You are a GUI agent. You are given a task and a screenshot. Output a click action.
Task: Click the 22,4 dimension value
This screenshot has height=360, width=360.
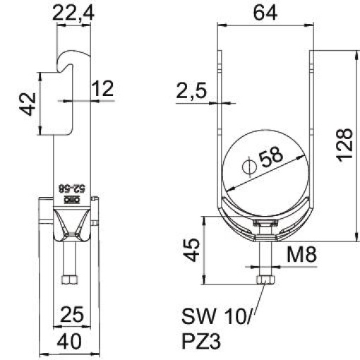73,12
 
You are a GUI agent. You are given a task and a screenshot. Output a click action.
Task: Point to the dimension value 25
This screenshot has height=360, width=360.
73,313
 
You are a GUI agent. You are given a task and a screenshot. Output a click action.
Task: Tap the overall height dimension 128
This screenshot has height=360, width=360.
344,145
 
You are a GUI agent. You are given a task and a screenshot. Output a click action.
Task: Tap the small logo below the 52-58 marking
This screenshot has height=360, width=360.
73,200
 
